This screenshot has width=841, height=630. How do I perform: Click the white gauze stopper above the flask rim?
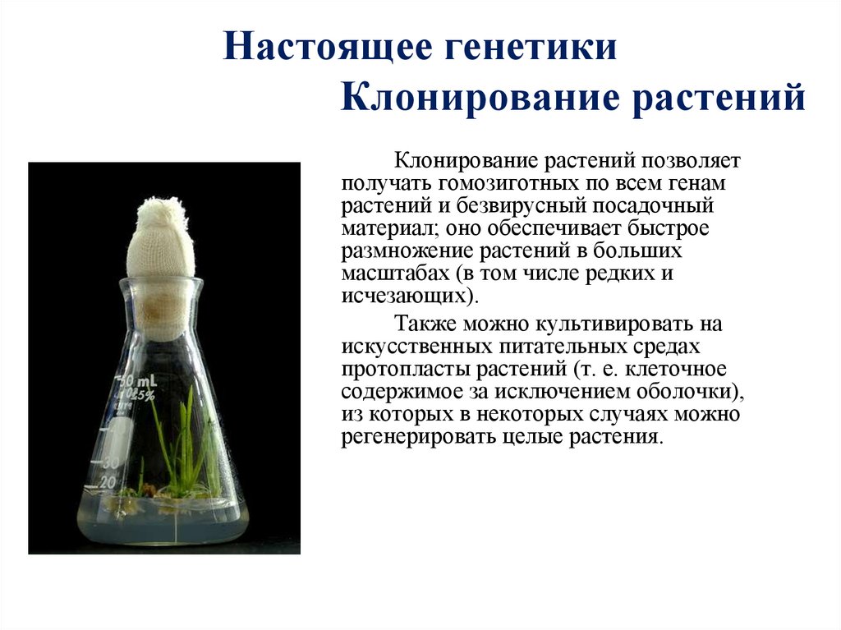(x=160, y=238)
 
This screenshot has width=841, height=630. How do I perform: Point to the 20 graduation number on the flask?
(x=108, y=482)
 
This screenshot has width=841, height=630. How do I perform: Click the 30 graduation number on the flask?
(x=110, y=462)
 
